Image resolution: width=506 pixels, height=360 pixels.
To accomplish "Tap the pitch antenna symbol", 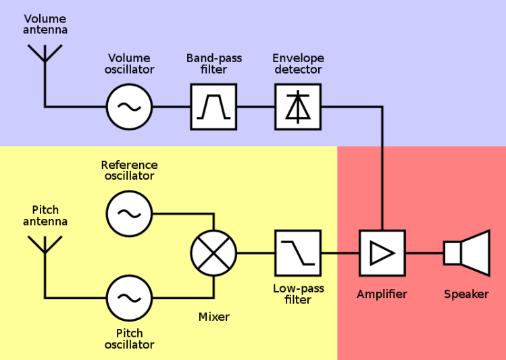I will tap(45, 245).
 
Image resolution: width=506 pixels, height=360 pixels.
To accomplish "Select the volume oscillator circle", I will tap(129, 107).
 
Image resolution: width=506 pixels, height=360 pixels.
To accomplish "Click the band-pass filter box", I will tap(213, 107).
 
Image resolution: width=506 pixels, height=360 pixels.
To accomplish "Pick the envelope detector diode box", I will tap(298, 107).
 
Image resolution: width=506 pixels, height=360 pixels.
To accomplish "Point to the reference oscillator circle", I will tap(129, 213).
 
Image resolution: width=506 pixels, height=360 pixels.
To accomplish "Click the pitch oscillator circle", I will tap(129, 298).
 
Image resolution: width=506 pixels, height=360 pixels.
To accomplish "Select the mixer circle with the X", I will tap(213, 253).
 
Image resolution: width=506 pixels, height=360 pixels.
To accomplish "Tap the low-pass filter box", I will tap(298, 253).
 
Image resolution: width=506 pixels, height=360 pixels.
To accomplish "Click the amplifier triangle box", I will tap(382, 253).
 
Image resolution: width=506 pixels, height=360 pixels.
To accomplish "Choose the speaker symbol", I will tap(467, 253).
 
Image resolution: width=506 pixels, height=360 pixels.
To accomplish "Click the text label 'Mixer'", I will tap(213, 317).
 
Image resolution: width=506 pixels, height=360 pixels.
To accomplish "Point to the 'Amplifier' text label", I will tap(382, 294).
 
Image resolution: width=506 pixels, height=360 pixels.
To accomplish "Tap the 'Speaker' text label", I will tap(466, 294).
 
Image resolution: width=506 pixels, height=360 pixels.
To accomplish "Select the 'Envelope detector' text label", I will tap(298, 63).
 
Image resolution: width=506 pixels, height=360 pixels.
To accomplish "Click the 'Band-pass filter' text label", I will tap(213, 63).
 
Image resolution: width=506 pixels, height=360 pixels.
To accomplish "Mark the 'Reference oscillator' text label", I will tap(129, 170).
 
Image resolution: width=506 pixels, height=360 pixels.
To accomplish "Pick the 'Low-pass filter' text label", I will tap(298, 294).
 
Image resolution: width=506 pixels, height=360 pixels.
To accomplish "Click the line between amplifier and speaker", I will tap(424, 253).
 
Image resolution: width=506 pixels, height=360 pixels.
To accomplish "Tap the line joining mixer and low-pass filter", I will tap(255, 253).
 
